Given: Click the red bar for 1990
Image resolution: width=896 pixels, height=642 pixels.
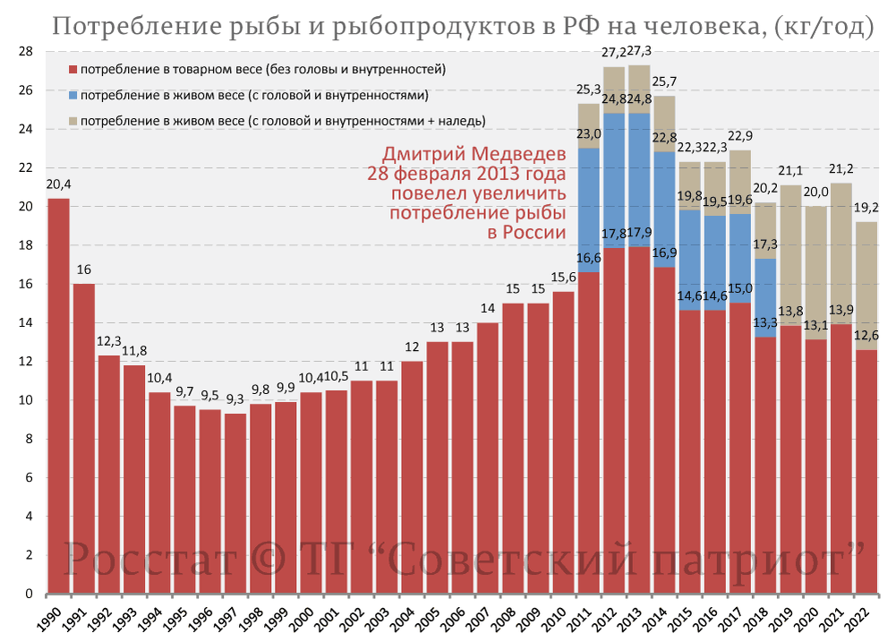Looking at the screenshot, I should point(58,394).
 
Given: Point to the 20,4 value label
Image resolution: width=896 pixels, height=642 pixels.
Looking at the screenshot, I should point(58,185).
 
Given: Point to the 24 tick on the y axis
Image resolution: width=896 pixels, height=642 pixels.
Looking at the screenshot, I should point(26,129).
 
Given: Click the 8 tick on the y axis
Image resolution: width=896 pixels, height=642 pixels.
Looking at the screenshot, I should point(29,439).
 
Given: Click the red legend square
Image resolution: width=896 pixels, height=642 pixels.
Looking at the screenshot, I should point(73,69).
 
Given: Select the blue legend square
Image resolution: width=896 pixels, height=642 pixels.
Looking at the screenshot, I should point(73,95).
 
